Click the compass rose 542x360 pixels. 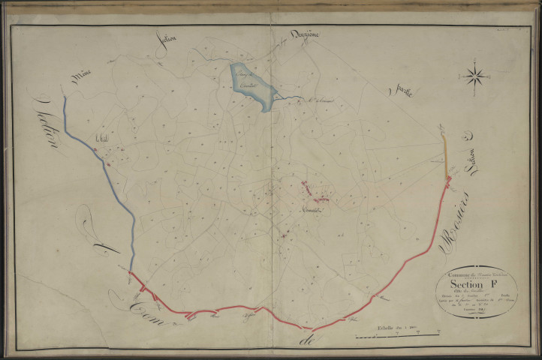click(474, 75)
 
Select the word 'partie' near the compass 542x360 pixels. click(403, 89)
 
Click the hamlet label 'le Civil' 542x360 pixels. click(103, 137)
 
